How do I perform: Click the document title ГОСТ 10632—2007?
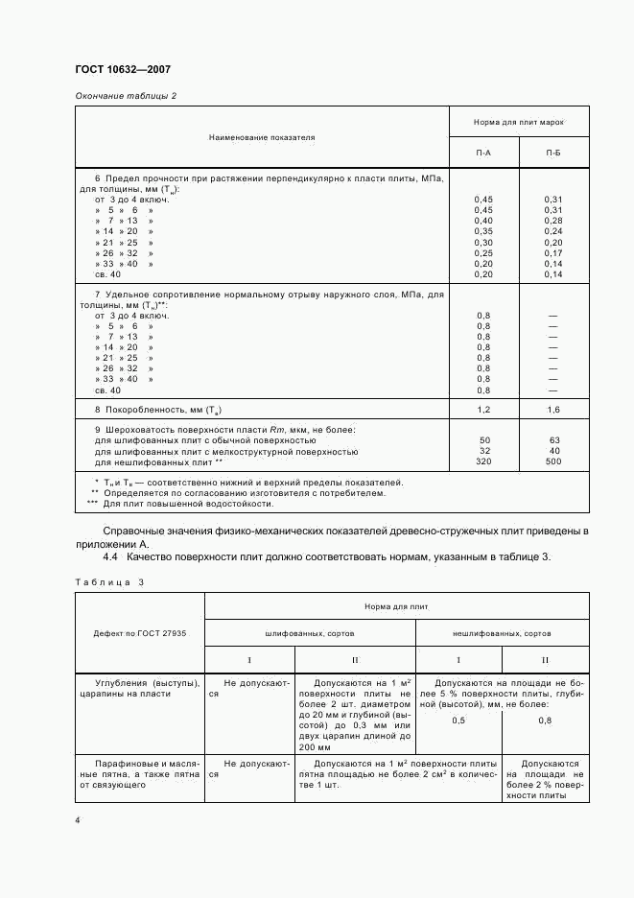pyautogui.click(x=122, y=69)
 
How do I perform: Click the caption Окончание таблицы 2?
pyautogui.click(x=126, y=95)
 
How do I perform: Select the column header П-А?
pyautogui.click(x=484, y=153)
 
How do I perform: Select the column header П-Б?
pyautogui.click(x=554, y=153)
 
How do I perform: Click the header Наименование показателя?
pyautogui.click(x=262, y=137)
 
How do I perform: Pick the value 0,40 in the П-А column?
pyautogui.click(x=483, y=221)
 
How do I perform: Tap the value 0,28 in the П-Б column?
pyautogui.click(x=553, y=221)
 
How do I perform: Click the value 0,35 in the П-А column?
pyautogui.click(x=483, y=231)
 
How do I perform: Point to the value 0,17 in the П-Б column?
pyautogui.click(x=553, y=252)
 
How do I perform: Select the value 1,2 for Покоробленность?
pyautogui.click(x=483, y=410)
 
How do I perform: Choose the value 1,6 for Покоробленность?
pyautogui.click(x=553, y=410)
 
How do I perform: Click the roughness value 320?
pyautogui.click(x=483, y=461)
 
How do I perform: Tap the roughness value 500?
pyautogui.click(x=553, y=461)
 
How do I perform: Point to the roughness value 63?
pyautogui.click(x=553, y=440)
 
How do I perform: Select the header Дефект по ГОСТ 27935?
pyautogui.click(x=140, y=633)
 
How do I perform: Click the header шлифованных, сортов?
pyautogui.click(x=310, y=633)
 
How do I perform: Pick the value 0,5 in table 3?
pyautogui.click(x=458, y=721)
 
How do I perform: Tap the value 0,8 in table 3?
pyautogui.click(x=545, y=721)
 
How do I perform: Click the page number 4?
pyautogui.click(x=78, y=820)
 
